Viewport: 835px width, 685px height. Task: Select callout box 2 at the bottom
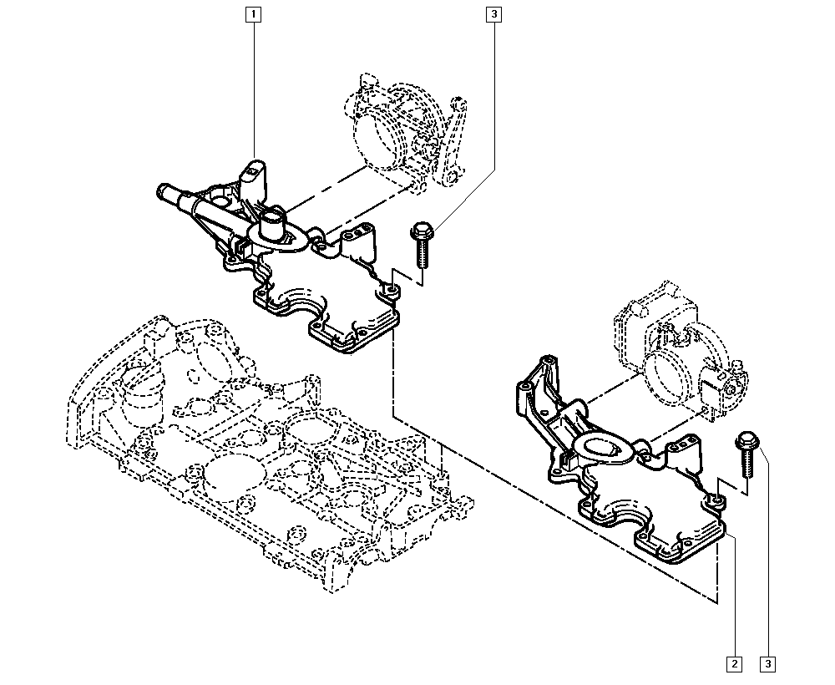(733, 664)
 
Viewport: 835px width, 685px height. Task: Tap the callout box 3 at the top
(494, 14)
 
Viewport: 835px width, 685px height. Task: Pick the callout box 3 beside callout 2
(767, 664)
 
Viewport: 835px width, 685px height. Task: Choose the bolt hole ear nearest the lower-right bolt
(716, 500)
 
